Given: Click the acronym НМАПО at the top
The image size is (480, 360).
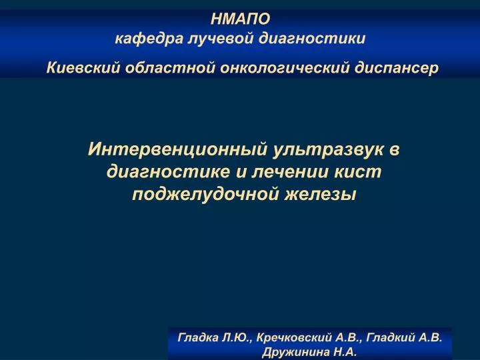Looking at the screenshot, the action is click(240, 19).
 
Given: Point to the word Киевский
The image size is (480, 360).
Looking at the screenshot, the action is click(83, 68).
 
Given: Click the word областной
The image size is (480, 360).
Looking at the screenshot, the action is click(170, 67).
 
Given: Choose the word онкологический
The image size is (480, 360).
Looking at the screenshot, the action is click(285, 68).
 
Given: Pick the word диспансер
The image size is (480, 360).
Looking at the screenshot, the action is click(397, 68).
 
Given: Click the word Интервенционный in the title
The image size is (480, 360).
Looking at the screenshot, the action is click(177, 149).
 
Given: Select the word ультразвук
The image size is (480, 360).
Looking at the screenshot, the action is click(328, 150).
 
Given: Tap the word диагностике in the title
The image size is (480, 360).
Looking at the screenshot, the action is click(168, 172).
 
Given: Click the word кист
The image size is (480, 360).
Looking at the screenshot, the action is click(357, 172).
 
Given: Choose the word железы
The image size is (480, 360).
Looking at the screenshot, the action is click(321, 195).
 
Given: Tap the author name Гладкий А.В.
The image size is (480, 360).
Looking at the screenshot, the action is click(404, 337).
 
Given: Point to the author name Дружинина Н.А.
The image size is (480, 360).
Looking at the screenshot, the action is click(309, 352).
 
